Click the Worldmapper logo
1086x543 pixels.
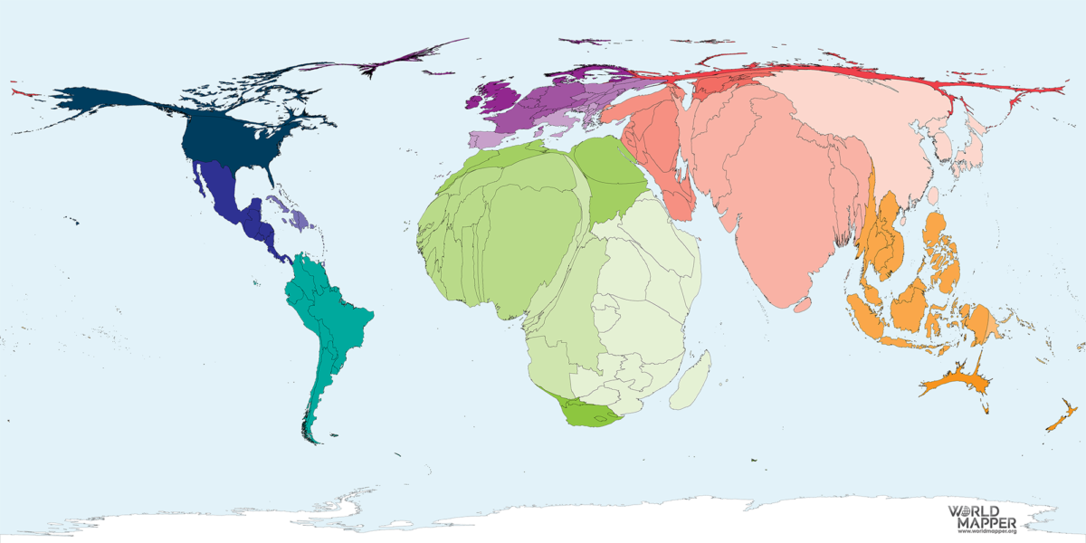point(981,519)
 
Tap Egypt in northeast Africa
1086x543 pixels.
point(611,172)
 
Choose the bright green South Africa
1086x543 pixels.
point(588,414)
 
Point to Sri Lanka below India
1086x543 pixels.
point(802,306)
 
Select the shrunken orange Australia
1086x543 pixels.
point(955,380)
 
